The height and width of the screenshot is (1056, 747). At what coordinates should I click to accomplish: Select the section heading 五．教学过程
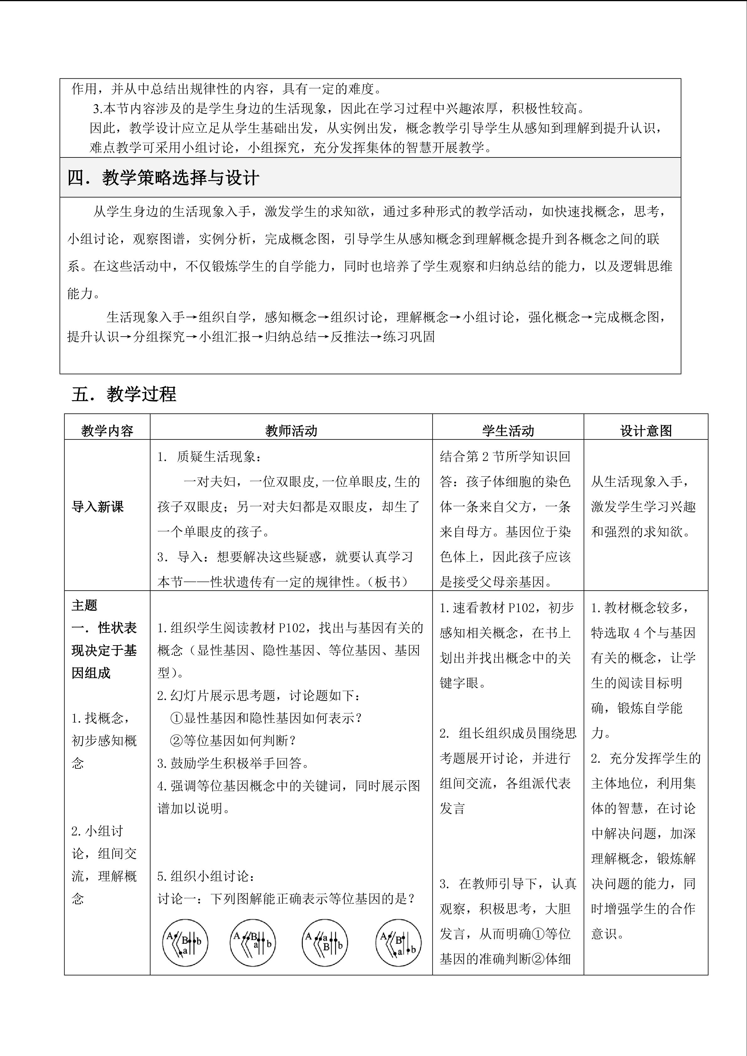[124, 394]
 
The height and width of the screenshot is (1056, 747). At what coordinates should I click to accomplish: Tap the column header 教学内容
[107, 431]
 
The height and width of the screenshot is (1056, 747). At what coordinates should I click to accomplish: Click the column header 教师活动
[291, 431]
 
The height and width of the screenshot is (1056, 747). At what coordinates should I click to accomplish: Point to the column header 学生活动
[508, 431]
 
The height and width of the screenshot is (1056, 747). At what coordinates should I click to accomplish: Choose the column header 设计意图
[646, 431]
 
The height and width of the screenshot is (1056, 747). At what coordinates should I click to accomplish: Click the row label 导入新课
[98, 507]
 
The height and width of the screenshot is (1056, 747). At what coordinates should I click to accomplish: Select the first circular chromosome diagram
[185, 943]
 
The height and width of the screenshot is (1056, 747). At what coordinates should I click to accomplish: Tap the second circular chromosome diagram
[252, 943]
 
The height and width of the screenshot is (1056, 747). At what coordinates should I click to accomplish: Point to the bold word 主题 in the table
[85, 605]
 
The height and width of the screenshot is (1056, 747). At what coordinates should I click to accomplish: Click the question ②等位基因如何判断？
[233, 740]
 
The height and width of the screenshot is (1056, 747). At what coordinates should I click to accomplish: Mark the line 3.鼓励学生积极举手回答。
[234, 763]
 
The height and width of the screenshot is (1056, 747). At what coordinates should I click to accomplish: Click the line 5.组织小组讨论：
[206, 876]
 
